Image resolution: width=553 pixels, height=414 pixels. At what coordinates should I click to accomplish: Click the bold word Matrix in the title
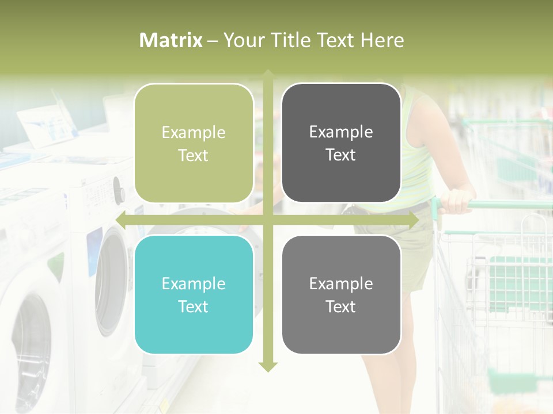click(171, 40)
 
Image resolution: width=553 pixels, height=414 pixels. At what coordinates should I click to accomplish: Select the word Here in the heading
click(382, 40)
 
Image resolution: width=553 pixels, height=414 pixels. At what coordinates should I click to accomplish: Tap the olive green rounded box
click(194, 144)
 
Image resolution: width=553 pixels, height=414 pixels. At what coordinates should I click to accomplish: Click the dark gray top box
click(341, 143)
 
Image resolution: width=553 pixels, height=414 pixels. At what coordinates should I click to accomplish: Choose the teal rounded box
click(194, 295)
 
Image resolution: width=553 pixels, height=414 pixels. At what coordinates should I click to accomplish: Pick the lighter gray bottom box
click(341, 295)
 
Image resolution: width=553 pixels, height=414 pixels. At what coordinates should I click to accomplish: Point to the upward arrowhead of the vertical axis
click(268, 75)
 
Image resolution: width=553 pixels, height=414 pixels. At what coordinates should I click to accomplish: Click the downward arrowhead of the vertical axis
click(268, 366)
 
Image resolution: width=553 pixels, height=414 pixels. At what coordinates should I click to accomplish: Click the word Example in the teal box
click(194, 283)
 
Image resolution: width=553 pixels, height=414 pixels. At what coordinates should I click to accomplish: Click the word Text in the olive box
click(194, 156)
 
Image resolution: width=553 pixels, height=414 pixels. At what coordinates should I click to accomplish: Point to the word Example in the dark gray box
click(341, 132)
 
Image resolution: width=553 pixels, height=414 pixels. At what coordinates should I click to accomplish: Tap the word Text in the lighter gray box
click(341, 307)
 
